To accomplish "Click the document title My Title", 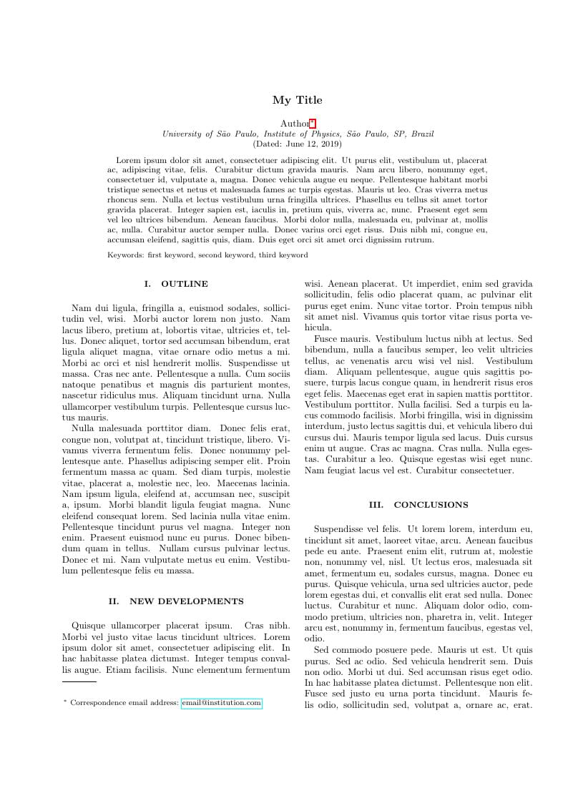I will (297, 100).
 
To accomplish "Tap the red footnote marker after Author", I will (312, 122).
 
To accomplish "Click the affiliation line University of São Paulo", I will (298, 134).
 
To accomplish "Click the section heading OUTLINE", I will (185, 284).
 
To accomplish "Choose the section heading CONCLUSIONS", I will (431, 505).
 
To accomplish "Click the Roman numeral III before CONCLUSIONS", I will (376, 505).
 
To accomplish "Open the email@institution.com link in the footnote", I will (221, 704).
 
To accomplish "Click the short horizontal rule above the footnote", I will (79, 685).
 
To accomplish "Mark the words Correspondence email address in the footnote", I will (124, 704).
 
